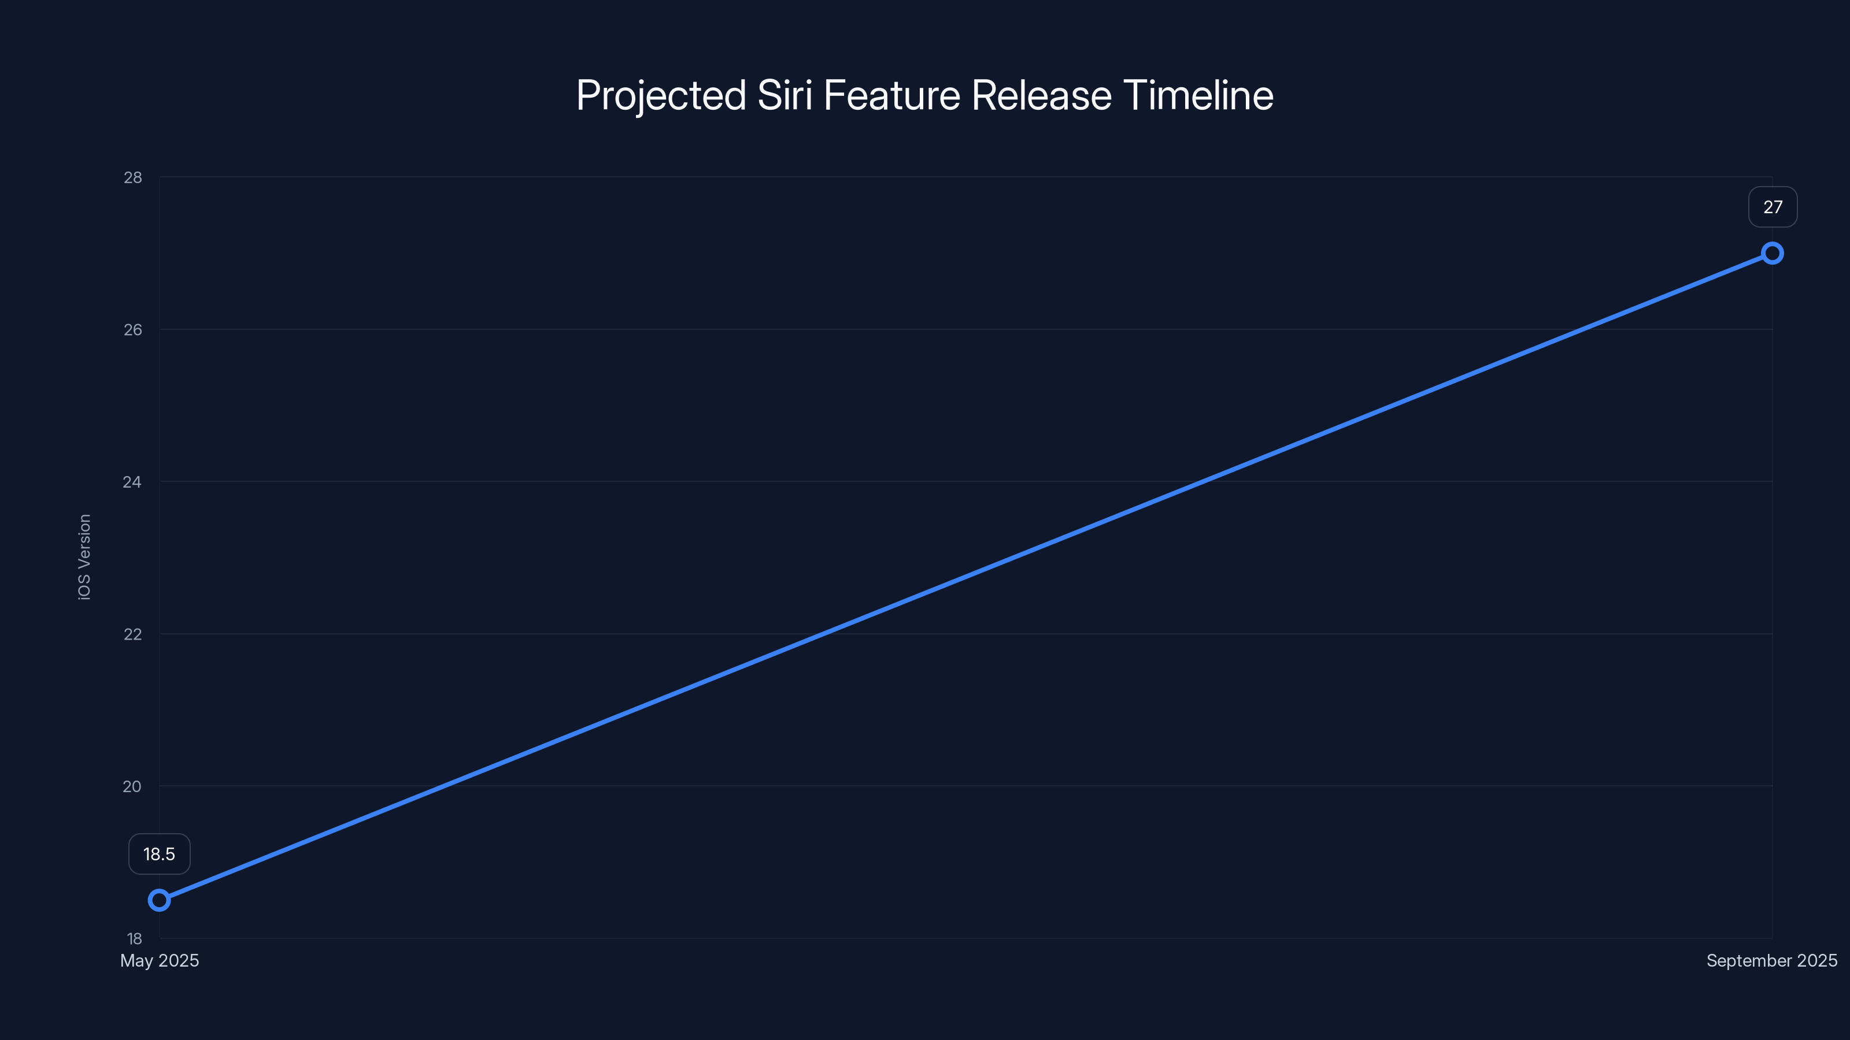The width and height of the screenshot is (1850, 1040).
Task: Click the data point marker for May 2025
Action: point(159,900)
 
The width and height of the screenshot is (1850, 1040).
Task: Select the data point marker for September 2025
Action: point(1772,254)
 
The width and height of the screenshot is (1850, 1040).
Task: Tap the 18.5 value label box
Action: point(159,854)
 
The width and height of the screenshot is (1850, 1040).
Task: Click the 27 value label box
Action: point(1773,207)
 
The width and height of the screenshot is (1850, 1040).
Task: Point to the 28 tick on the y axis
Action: point(133,177)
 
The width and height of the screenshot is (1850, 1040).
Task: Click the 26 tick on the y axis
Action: point(133,329)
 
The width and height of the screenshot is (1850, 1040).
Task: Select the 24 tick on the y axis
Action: point(133,482)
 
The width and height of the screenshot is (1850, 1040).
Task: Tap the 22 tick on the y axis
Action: point(133,634)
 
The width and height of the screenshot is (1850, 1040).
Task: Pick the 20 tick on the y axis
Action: point(133,786)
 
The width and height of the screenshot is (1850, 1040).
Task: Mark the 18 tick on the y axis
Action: point(134,938)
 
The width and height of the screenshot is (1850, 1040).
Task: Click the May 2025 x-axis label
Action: point(160,960)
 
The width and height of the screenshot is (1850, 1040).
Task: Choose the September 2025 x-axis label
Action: point(1772,960)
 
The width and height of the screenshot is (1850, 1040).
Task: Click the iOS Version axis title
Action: point(85,557)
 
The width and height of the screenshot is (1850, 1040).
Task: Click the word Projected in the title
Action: point(661,95)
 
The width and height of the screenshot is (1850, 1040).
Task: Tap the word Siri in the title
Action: point(785,95)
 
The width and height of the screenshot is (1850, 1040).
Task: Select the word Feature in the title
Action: point(891,95)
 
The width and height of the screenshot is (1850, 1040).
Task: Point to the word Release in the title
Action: point(1041,95)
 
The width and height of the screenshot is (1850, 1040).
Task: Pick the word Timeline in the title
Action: point(1198,95)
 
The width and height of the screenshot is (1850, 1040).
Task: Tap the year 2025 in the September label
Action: point(1817,960)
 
